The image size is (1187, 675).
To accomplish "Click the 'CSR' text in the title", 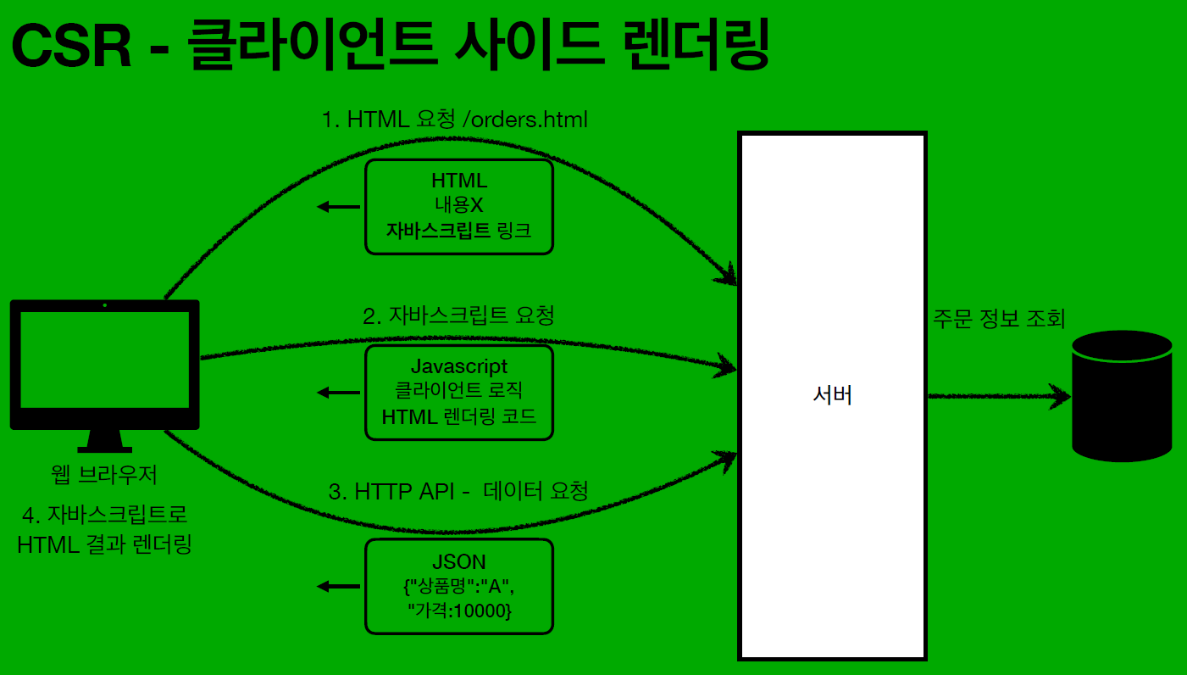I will [x=71, y=47].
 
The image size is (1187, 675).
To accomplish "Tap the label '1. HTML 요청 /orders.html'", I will [x=455, y=120].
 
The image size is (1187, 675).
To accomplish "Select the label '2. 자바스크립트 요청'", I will [x=458, y=316].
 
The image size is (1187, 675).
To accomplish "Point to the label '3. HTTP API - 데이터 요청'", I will [x=458, y=491].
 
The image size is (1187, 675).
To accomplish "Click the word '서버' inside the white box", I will [x=832, y=395].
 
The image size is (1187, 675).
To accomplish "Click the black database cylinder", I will [x=1121, y=395].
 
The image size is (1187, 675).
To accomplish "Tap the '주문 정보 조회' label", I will [x=999, y=319].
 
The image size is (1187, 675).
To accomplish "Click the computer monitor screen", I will [x=105, y=360].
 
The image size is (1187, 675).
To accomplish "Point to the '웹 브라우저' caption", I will [x=105, y=475].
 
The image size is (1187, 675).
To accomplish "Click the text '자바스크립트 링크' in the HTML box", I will [x=458, y=230].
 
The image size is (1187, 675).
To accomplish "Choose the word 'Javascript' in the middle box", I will [x=458, y=366].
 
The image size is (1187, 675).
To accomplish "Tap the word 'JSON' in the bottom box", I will [x=458, y=562].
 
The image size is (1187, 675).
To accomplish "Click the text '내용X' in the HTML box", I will [x=458, y=205].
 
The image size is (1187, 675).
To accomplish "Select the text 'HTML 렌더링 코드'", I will [x=458, y=416].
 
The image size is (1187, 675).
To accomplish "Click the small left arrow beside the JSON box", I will [x=337, y=586].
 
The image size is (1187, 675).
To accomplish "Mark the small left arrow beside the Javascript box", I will [x=337, y=392].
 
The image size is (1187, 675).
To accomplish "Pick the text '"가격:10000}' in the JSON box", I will [x=458, y=611].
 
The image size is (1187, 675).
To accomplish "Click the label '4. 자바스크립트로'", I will [x=105, y=514].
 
